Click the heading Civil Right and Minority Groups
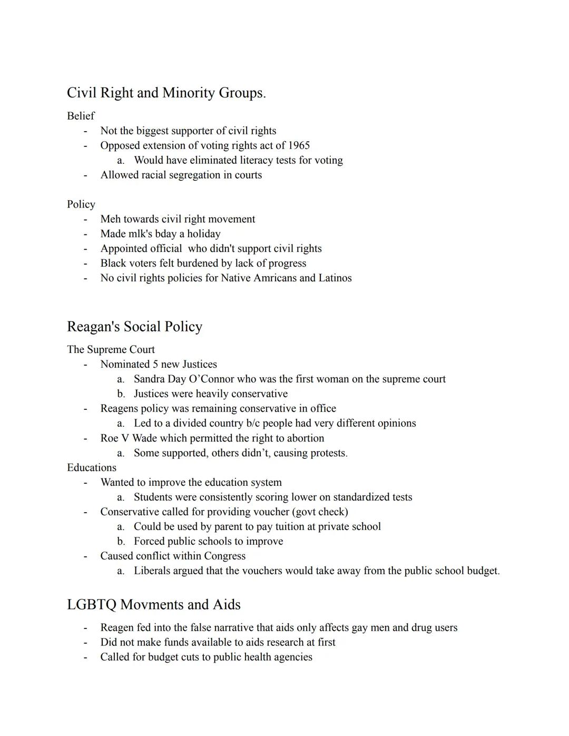[166, 93]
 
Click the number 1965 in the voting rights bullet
[299, 145]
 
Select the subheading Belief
[81, 116]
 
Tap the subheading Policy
[81, 204]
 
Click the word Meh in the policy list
[110, 219]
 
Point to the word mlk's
[143, 234]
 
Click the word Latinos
[335, 278]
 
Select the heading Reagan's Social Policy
[134, 327]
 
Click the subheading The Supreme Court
[111, 350]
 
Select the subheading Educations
[92, 468]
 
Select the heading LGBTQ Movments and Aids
[153, 605]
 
